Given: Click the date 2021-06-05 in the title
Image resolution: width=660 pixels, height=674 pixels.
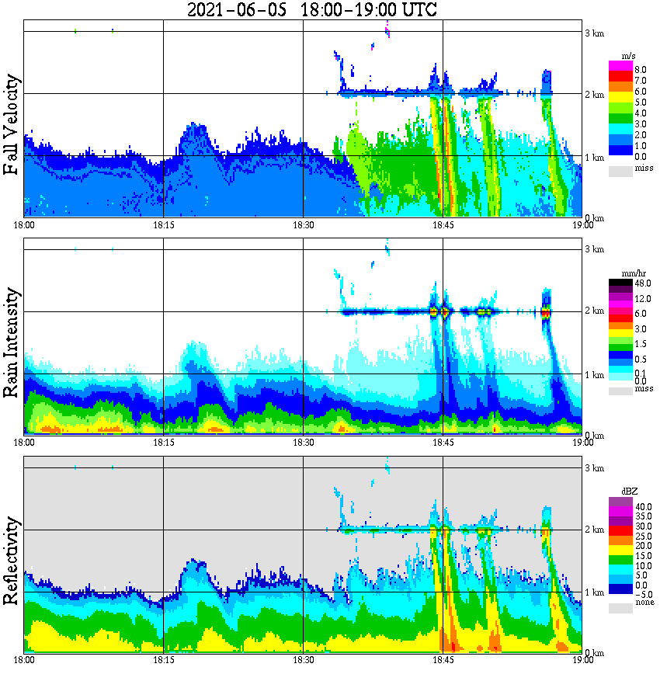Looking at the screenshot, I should point(237,10).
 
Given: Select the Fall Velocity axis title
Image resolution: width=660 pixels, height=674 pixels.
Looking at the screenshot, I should point(12,124).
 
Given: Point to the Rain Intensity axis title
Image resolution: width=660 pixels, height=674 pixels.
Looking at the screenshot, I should point(12,342).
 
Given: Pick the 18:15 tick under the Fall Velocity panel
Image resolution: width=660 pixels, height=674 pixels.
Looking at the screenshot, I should point(163,224).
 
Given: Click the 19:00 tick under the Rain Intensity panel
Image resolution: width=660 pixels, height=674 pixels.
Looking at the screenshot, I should point(582,442).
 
